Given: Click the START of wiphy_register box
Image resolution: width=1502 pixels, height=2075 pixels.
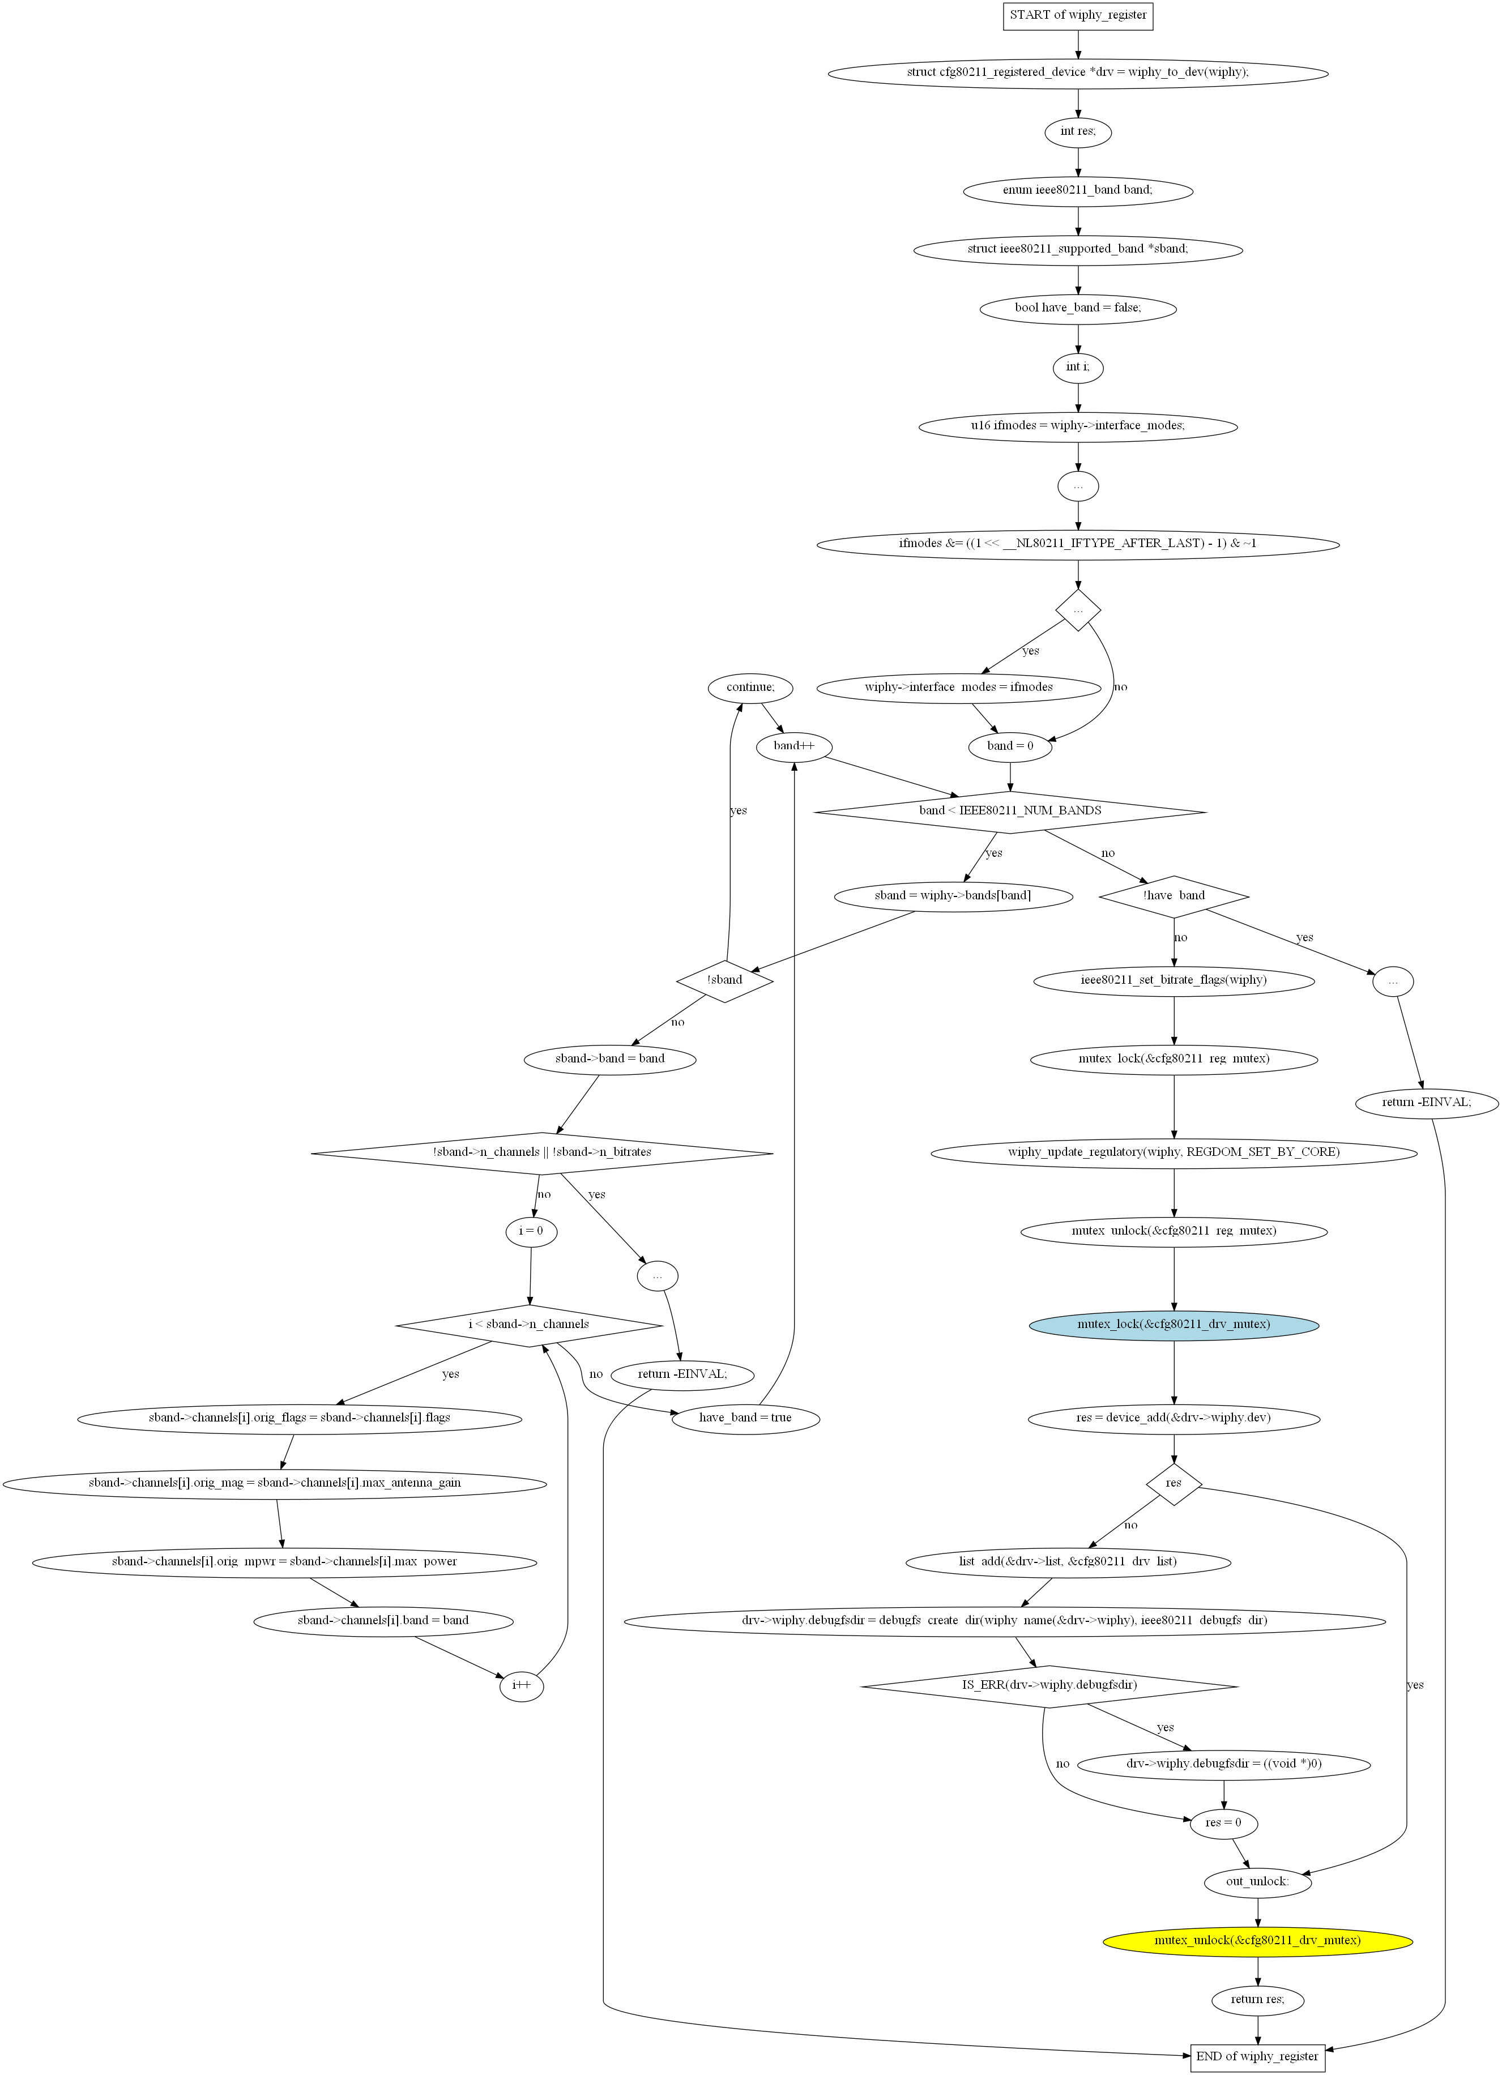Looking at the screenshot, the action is click(1078, 15).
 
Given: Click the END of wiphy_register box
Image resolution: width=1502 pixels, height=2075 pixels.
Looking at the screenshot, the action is click(1257, 2057).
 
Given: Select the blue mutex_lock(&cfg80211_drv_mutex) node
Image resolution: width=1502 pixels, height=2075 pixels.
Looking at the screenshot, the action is click(1174, 1325).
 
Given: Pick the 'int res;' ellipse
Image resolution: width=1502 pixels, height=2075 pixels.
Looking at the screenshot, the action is click(1078, 132).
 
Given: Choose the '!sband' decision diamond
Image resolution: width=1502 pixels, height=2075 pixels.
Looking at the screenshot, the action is click(724, 981).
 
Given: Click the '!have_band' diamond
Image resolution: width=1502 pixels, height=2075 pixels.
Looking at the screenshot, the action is click(1174, 896).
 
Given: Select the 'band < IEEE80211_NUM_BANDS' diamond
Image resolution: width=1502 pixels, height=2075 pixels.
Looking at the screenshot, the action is click(1010, 812).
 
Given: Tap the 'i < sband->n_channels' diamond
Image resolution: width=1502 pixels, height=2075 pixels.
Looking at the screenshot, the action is click(529, 1325).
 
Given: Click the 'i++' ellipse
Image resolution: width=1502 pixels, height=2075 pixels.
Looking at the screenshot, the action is click(522, 1685).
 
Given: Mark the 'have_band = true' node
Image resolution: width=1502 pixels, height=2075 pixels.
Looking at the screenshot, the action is click(745, 1418).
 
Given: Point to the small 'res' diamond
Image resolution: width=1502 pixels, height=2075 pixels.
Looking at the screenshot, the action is click(1174, 1483).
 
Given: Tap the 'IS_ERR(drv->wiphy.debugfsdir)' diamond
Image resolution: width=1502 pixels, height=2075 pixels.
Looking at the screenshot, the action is click(1049, 1685).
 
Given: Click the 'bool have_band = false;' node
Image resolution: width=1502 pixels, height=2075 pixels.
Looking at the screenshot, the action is click(1078, 308).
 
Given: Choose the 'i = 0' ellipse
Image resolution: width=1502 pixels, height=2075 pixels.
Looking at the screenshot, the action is click(531, 1231).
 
